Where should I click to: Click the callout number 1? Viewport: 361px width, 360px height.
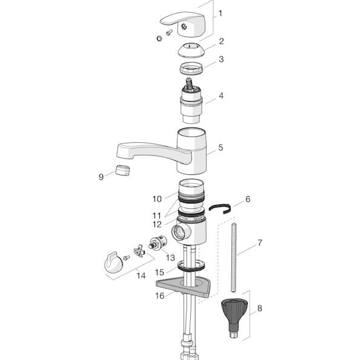(x=220, y=13)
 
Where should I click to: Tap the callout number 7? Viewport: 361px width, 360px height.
(x=260, y=243)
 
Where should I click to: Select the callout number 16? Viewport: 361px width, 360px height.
(x=160, y=296)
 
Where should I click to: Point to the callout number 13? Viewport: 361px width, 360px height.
(x=170, y=258)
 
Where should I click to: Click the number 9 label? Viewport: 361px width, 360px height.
(x=101, y=177)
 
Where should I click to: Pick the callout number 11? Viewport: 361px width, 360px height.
(x=157, y=216)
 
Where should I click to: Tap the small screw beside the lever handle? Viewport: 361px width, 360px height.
(x=169, y=33)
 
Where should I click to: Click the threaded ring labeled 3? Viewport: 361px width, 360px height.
(x=191, y=68)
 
